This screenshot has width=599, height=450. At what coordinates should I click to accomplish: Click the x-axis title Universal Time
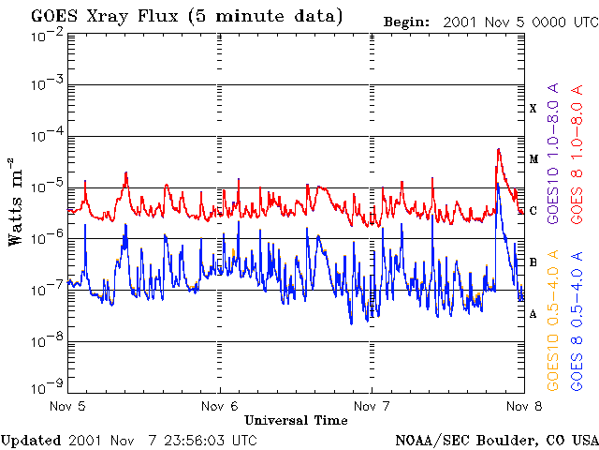(x=296, y=420)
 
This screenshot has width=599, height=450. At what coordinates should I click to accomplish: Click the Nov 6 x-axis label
(x=220, y=406)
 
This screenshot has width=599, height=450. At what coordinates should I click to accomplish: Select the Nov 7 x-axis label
(x=372, y=406)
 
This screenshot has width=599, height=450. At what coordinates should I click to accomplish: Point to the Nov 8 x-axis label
(x=522, y=406)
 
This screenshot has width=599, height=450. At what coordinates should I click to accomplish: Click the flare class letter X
(x=533, y=109)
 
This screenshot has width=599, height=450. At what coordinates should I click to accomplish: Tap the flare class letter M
(x=533, y=159)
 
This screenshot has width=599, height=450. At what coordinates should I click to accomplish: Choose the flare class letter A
(x=533, y=314)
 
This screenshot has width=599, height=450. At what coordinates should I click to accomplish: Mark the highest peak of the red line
(x=499, y=149)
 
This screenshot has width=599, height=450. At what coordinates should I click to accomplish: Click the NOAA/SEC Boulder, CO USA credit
(x=496, y=440)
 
